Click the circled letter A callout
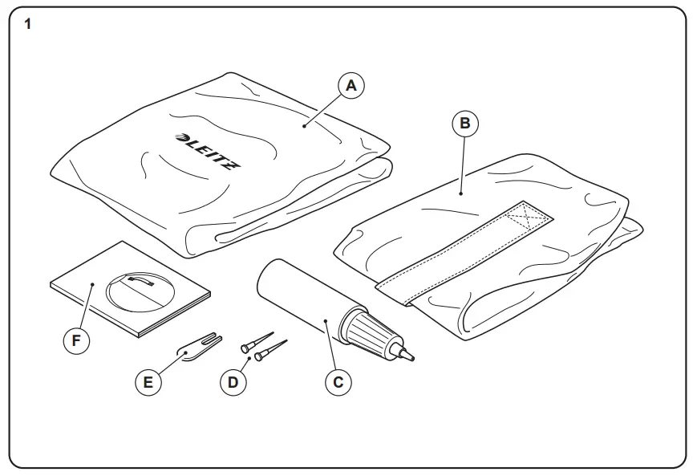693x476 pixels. click(350, 85)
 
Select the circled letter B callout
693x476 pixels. click(465, 124)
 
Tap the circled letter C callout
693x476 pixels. click(338, 381)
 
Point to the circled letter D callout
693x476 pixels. click(233, 381)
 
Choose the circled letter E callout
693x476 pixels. click(148, 381)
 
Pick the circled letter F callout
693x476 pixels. click(76, 340)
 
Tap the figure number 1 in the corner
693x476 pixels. click(29, 25)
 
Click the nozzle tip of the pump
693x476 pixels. click(410, 354)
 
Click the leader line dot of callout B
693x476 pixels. click(462, 193)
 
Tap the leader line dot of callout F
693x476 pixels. click(94, 284)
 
